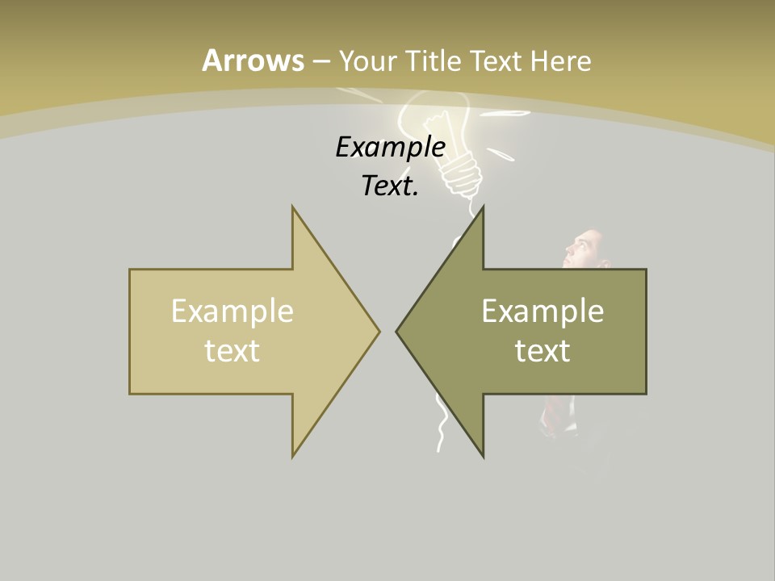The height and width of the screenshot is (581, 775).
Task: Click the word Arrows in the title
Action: pos(253,61)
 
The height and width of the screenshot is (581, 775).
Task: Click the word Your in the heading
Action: pos(367,61)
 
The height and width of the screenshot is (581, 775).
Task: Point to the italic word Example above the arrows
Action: pos(391,147)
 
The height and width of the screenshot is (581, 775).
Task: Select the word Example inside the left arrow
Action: pos(232,311)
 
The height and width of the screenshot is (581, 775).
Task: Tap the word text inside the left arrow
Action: pos(232,349)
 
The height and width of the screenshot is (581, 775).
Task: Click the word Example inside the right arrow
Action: pos(542,311)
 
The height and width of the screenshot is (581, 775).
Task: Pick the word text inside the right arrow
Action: pos(542,349)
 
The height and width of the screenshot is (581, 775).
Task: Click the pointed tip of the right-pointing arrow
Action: pos(379,331)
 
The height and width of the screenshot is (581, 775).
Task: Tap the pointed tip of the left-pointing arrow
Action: pos(397,331)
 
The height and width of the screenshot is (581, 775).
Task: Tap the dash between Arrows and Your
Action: pos(320,61)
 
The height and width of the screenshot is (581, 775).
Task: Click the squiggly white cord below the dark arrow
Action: pos(441,428)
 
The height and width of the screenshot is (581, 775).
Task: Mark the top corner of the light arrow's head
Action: pos(293,207)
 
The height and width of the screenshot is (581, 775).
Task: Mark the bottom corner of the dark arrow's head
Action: pos(483,457)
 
